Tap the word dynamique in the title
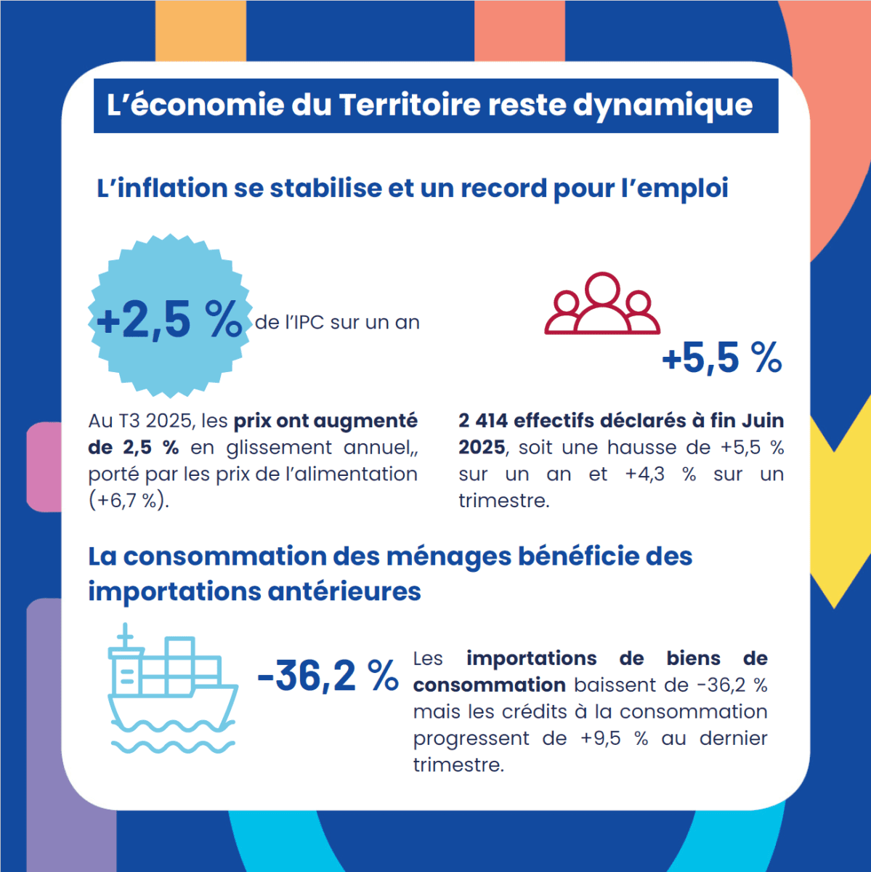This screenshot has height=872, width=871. (x=663, y=106)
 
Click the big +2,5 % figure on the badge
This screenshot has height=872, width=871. (x=169, y=320)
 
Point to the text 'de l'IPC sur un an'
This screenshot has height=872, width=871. (x=337, y=322)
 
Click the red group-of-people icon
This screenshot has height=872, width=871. (x=602, y=304)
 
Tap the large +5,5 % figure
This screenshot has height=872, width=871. (x=721, y=358)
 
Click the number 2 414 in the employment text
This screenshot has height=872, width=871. (x=482, y=421)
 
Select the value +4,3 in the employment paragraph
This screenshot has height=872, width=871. (x=644, y=475)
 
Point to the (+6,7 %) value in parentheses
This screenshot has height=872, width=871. (x=129, y=501)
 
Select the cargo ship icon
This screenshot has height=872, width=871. (x=171, y=687)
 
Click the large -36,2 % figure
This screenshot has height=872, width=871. (x=328, y=676)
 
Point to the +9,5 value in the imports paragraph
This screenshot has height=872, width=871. (x=601, y=738)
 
